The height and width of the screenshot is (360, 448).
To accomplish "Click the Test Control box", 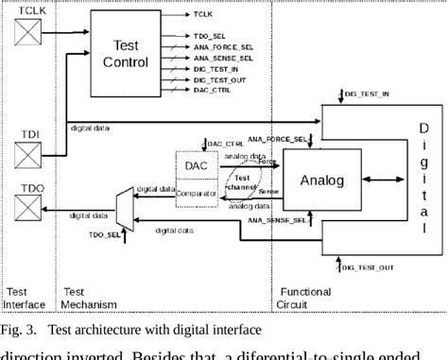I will tap(125, 53).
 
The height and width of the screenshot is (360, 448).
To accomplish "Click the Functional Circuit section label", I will tap(304, 298).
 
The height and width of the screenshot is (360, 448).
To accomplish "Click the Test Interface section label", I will tap(23, 298).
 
